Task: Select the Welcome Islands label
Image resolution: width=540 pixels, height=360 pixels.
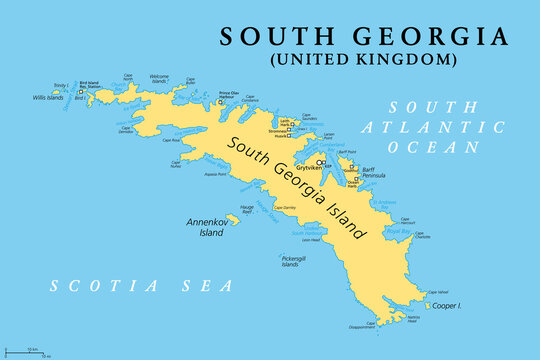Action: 159,79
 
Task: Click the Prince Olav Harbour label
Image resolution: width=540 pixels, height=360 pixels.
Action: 229,96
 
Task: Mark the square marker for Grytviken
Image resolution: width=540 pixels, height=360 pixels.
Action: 320,161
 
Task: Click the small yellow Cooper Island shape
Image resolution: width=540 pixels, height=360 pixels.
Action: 428,305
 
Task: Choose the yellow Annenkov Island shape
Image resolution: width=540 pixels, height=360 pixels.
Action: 233,217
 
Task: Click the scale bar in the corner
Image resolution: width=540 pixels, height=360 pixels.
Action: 28,350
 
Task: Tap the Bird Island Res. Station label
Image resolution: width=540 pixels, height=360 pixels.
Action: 90,86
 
